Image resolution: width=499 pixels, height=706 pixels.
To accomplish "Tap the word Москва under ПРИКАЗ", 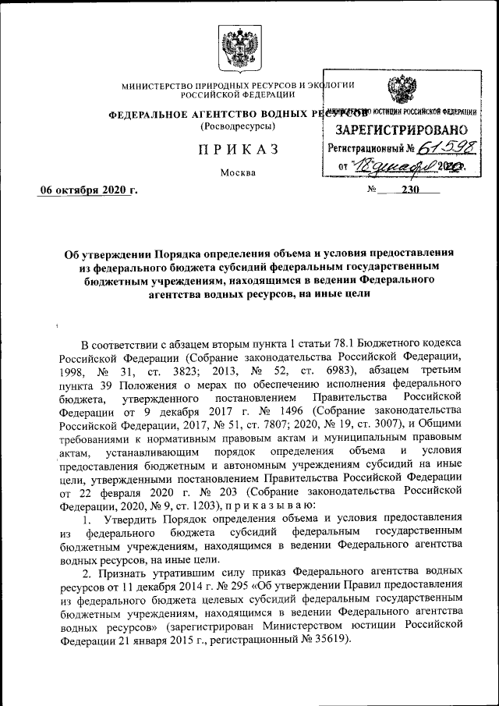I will click(x=238, y=172).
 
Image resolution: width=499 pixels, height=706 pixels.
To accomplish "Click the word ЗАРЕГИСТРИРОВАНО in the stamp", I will click(x=402, y=129).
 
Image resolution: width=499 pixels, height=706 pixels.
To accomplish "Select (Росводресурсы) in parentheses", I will click(x=237, y=126).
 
